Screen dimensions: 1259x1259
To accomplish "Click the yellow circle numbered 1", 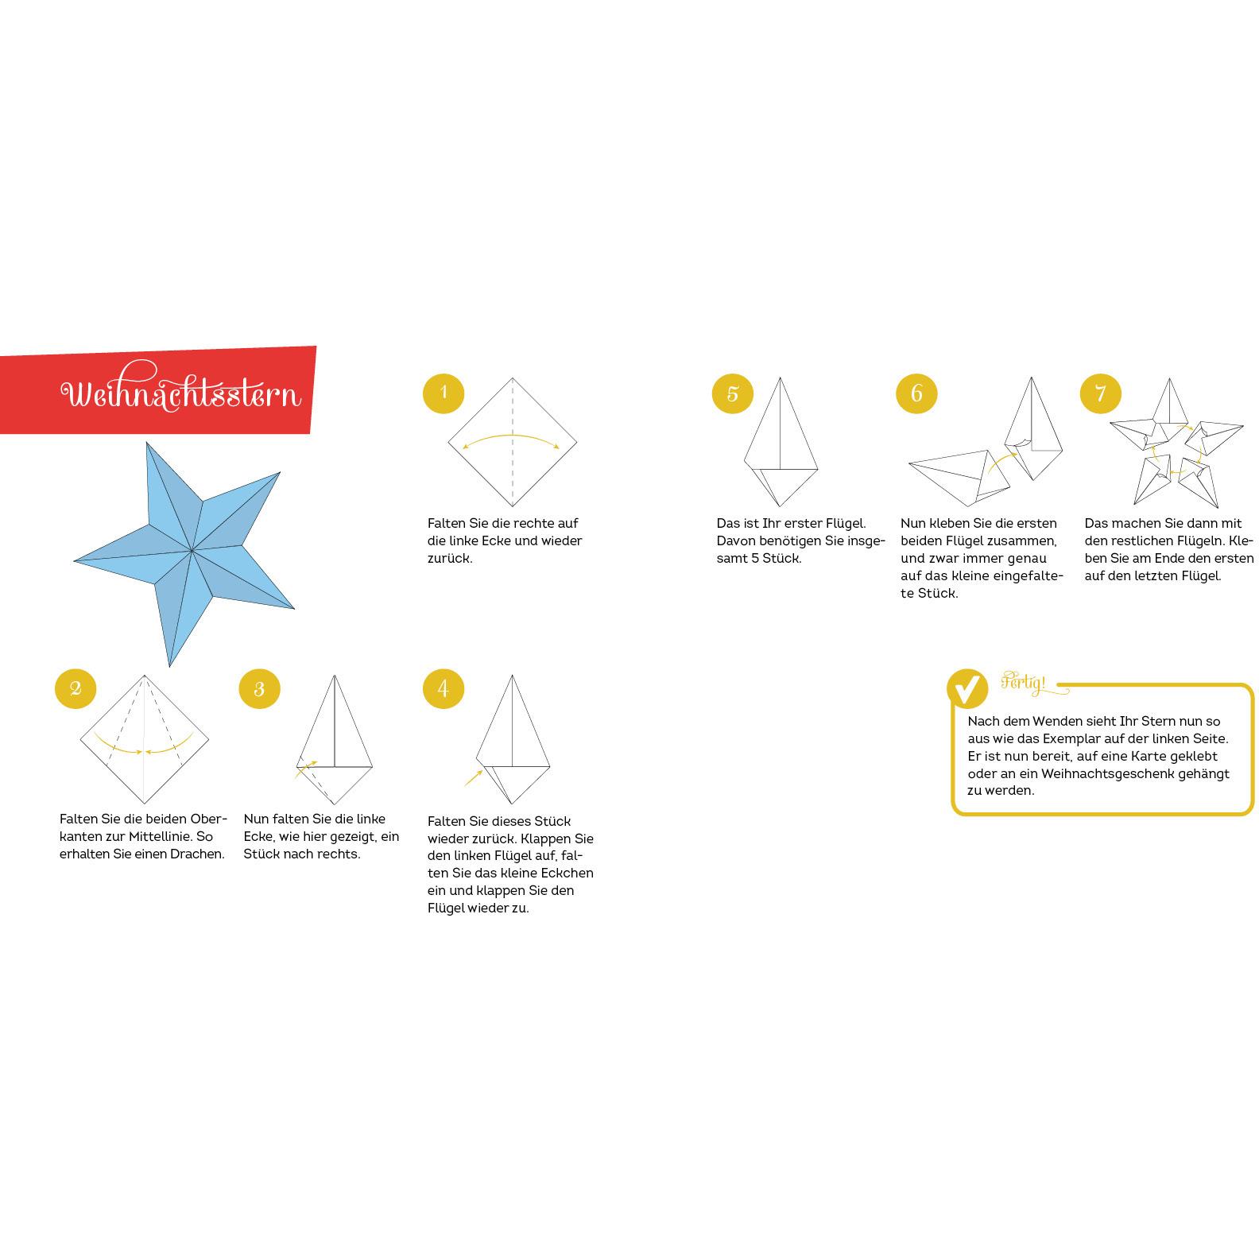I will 444,393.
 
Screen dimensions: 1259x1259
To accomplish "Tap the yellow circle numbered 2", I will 76,688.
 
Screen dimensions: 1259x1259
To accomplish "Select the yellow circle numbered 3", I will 259,689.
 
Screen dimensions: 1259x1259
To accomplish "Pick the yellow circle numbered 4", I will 444,689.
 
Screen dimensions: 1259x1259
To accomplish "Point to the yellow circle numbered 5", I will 733,393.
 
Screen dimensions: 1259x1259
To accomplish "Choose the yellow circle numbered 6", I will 916,393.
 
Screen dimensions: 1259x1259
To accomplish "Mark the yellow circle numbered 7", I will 1101,393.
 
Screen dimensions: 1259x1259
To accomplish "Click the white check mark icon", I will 967,688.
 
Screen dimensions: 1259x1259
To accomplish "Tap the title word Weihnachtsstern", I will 182,393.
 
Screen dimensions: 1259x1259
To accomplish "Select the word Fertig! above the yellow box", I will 1024,683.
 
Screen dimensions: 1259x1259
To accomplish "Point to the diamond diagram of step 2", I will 145,739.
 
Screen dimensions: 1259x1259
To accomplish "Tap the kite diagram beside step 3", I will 335,739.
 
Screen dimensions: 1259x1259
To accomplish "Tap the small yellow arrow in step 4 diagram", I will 474,777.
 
